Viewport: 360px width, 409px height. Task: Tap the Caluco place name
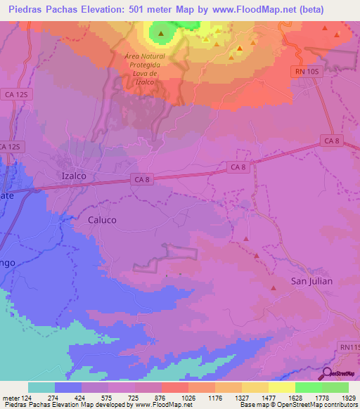click(102, 220)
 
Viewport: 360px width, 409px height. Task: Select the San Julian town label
click(311, 281)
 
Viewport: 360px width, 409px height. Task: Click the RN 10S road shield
click(306, 71)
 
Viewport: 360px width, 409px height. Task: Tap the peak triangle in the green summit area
click(162, 33)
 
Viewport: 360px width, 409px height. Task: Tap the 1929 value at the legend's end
click(348, 398)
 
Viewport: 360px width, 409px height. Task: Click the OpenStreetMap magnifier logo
click(327, 375)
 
